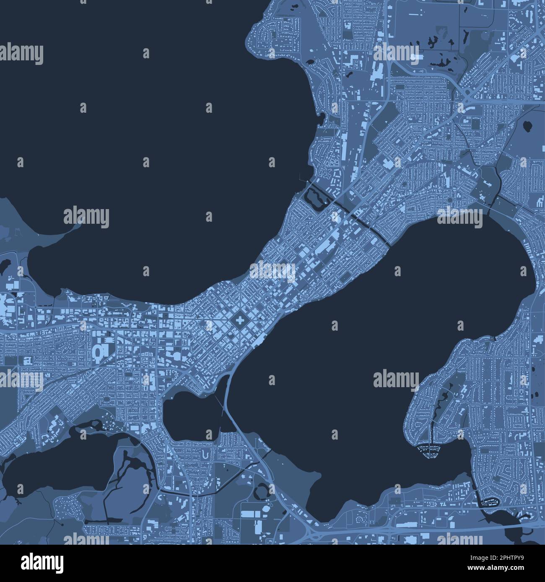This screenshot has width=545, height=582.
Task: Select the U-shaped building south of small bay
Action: click(205, 454)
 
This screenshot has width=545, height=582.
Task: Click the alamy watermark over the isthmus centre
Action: click(272, 271)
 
